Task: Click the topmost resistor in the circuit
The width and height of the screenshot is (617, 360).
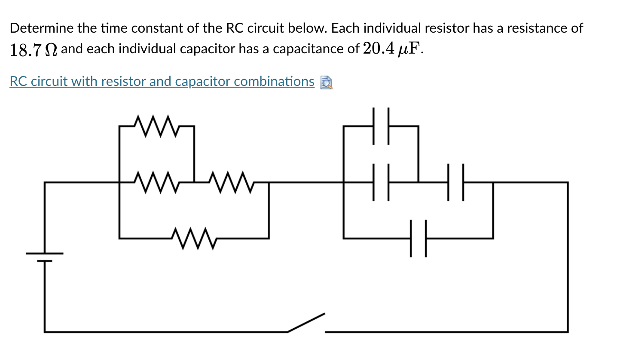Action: point(156,126)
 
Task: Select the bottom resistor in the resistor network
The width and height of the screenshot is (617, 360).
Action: point(194,238)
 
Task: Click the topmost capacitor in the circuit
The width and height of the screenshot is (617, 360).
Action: point(381,126)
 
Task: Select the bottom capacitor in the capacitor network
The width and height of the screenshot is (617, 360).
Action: point(418,238)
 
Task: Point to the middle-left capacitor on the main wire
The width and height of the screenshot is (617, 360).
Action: point(381,182)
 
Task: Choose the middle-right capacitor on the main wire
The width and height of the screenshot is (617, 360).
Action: point(455,182)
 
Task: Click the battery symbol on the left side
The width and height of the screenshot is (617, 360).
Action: point(44,256)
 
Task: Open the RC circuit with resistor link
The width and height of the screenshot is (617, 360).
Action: point(162,81)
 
